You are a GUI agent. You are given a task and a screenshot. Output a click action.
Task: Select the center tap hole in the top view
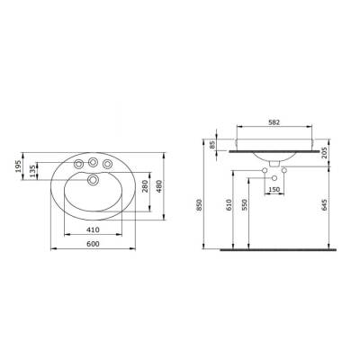93,162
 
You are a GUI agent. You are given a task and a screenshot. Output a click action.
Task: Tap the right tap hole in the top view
109,164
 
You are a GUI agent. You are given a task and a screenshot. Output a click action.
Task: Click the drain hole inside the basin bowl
93,181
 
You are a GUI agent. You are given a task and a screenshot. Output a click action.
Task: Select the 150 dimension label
274,191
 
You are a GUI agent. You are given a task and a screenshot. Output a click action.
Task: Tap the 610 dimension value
229,206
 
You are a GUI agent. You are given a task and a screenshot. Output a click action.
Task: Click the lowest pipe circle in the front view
274,179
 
